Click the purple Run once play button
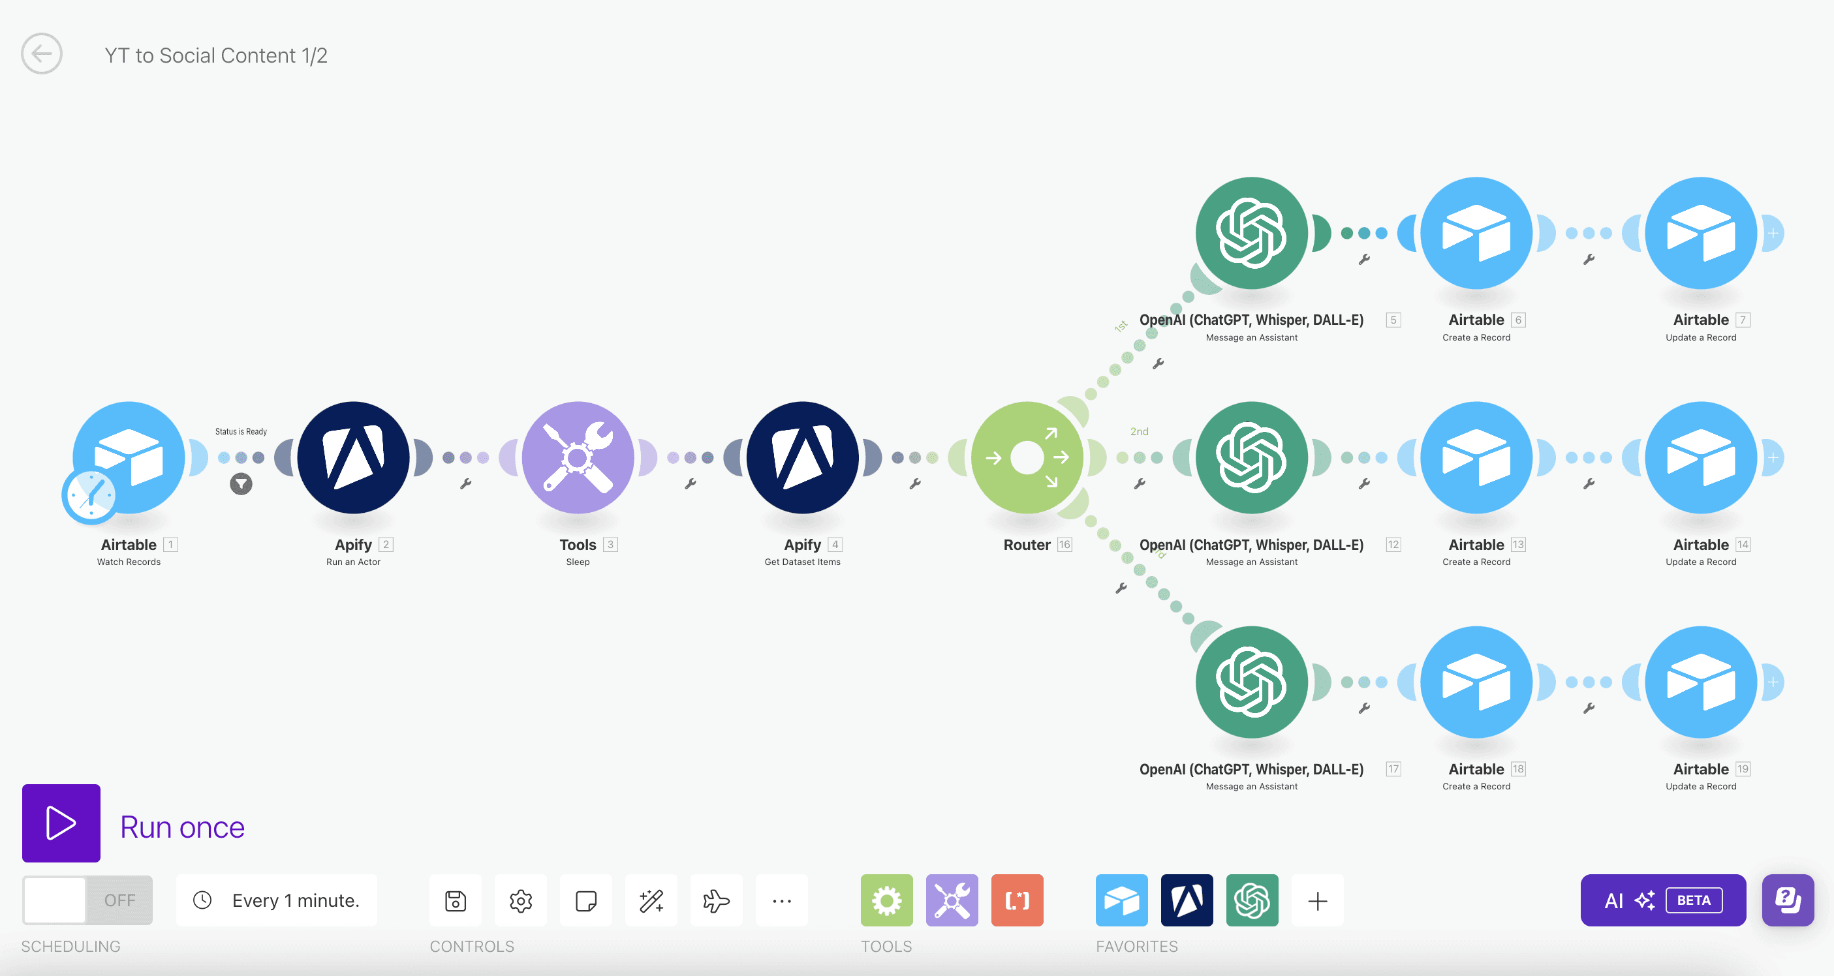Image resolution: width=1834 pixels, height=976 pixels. point(61,823)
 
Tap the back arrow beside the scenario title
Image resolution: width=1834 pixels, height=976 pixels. point(41,53)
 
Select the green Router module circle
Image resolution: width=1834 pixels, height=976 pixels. point(1027,458)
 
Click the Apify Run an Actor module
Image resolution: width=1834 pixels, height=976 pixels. point(353,458)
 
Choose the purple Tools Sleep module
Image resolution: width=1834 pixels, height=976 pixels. point(578,458)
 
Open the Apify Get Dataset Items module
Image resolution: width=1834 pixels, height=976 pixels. point(802,458)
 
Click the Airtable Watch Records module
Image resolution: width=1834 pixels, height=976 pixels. point(128,458)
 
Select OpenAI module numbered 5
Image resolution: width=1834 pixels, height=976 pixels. point(1252,233)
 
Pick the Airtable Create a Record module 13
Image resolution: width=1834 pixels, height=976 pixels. point(1476,458)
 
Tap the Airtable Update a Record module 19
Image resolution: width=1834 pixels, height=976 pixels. point(1701,682)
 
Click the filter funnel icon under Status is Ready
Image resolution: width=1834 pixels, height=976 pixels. point(241,484)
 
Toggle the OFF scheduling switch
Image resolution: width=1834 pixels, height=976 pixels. point(87,900)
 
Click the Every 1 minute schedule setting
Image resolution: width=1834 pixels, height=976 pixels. point(277,900)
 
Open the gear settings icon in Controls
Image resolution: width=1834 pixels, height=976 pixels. point(520,900)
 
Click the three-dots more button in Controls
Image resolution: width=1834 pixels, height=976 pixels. point(782,900)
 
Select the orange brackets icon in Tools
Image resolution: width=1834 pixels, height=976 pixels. point(1018,900)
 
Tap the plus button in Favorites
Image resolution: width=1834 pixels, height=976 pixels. point(1318,900)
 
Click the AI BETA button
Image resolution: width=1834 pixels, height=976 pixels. point(1663,900)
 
